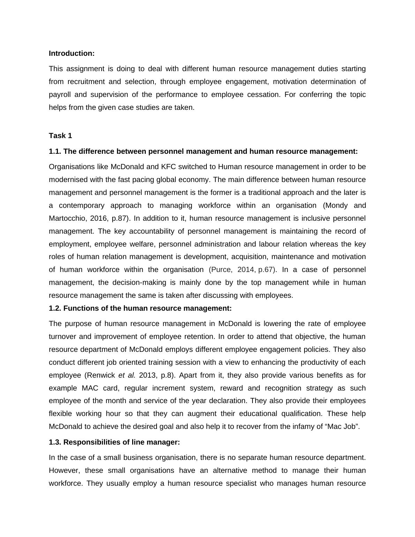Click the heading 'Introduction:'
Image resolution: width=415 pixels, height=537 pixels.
(x=71, y=53)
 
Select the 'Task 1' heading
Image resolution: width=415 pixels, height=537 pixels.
(x=60, y=136)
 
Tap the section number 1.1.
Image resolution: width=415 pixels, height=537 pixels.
(x=55, y=151)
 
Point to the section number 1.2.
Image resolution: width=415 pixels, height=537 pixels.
(x=55, y=308)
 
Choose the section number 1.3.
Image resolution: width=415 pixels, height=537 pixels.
(x=55, y=442)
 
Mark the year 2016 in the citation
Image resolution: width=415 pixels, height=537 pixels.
(x=99, y=218)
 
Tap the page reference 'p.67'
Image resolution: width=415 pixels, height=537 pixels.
(x=266, y=270)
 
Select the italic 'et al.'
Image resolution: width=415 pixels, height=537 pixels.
(x=127, y=375)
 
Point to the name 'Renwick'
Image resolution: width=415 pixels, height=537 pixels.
(x=101, y=375)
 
